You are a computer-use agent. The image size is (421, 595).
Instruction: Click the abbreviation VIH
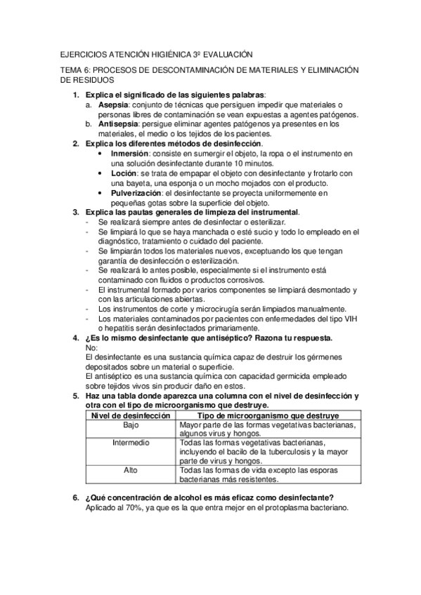(346, 319)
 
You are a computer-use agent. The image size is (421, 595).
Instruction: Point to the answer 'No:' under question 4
(90, 348)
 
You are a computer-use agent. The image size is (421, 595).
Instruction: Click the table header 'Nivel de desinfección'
(131, 415)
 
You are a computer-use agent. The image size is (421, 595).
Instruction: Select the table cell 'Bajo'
(131, 425)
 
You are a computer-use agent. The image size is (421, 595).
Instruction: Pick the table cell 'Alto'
(131, 470)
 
